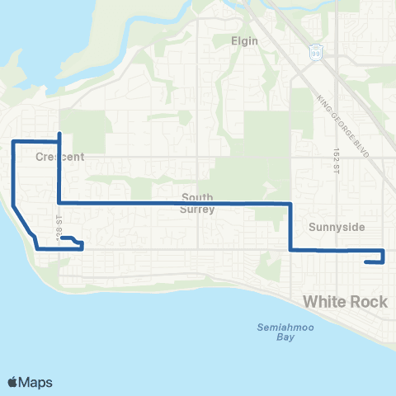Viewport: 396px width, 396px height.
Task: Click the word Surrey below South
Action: pyautogui.click(x=198, y=210)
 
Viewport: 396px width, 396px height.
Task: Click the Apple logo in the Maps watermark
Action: pyautogui.click(x=14, y=382)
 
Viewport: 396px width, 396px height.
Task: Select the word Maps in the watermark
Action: pyautogui.click(x=37, y=382)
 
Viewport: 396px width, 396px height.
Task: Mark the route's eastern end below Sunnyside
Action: pyautogui.click(x=365, y=262)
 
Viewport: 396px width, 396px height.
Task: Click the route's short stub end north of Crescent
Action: pyautogui.click(x=59, y=134)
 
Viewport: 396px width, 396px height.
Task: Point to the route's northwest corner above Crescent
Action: pyautogui.click(x=13, y=142)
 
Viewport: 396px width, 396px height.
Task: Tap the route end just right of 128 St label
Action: pyautogui.click(x=64, y=238)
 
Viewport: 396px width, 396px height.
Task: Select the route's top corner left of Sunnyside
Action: pyautogui.click(x=290, y=203)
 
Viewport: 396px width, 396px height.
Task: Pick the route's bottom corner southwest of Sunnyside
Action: pyautogui.click(x=290, y=250)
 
